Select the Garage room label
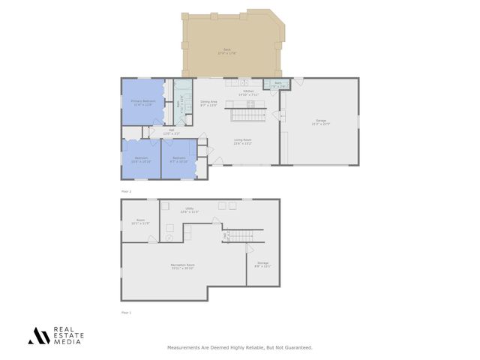click(x=321, y=123)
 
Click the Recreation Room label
click(x=183, y=266)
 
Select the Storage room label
click(x=262, y=264)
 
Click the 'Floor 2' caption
click(x=126, y=191)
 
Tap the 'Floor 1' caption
click(x=126, y=312)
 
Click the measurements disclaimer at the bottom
click(x=239, y=347)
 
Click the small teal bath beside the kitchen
click(x=277, y=85)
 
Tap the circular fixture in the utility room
click(x=169, y=237)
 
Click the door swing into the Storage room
click(x=250, y=248)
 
